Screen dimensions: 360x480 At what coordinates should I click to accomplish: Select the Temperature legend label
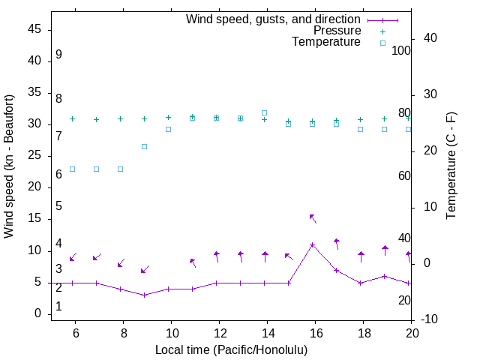[326, 42]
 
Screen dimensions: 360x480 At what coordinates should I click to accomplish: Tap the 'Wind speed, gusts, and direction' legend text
[274, 19]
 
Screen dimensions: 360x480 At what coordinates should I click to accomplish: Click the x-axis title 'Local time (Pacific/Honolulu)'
[231, 350]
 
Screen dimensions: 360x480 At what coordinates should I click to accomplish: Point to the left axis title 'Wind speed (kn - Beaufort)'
[9, 166]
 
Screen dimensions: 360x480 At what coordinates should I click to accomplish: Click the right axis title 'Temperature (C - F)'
[451, 166]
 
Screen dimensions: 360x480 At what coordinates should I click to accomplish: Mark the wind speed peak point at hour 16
[313, 244]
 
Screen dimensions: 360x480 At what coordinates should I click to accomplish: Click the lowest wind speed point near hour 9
[145, 295]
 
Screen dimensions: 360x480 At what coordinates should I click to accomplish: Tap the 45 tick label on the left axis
[34, 29]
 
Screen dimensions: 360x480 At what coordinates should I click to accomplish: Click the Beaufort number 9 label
[58, 55]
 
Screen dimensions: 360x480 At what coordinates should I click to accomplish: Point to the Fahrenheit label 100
[401, 51]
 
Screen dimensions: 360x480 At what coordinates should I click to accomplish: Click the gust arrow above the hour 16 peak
[313, 219]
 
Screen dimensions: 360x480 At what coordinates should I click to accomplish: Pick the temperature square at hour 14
[264, 112]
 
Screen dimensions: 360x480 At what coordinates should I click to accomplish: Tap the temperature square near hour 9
[145, 146]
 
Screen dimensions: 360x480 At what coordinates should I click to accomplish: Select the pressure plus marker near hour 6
[73, 118]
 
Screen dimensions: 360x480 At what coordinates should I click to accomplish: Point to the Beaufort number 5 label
[58, 206]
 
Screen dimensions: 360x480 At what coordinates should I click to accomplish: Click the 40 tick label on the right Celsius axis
[430, 38]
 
